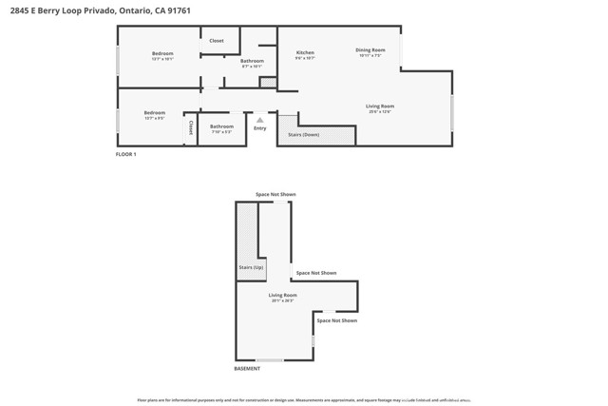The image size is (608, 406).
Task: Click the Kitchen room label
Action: [305, 52]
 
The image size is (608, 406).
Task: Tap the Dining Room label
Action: [370, 49]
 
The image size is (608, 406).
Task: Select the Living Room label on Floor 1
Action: [380, 106]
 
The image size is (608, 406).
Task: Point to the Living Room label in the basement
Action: [282, 296]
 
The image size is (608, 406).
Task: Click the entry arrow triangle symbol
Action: [260, 119]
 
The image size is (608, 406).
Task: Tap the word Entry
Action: [260, 128]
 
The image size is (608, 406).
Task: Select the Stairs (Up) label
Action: [251, 268]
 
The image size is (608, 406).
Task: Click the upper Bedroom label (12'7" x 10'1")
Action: [162, 53]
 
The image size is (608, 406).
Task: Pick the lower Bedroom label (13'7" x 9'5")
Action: [154, 113]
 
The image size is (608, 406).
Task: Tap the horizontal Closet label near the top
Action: [217, 41]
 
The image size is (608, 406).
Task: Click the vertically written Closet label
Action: [191, 127]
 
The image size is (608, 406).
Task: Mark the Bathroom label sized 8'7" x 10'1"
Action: [252, 61]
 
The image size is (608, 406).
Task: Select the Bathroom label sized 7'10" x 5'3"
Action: [221, 126]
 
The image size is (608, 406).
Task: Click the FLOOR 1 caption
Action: [126, 154]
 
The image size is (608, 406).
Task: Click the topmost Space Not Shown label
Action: [275, 194]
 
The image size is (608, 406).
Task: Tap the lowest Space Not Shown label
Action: [336, 320]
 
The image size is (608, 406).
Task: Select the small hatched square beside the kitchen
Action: [268, 84]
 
